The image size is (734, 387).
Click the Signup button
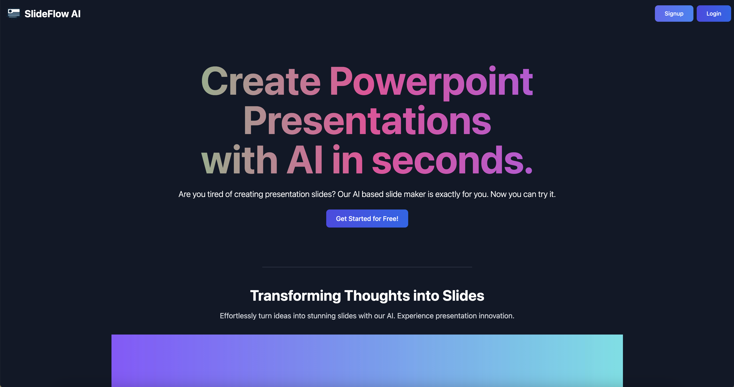coord(674,13)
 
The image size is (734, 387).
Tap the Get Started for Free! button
coord(367,219)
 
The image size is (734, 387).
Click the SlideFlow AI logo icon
coord(14,13)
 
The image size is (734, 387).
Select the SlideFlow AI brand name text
coord(52,14)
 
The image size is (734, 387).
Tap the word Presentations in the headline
coord(367,121)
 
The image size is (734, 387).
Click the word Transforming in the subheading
coord(295,296)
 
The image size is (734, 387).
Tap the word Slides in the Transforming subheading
coord(463,296)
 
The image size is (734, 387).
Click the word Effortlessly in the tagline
coord(238,316)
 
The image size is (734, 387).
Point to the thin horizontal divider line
coord(367,267)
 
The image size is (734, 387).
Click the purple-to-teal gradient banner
coord(367,361)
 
